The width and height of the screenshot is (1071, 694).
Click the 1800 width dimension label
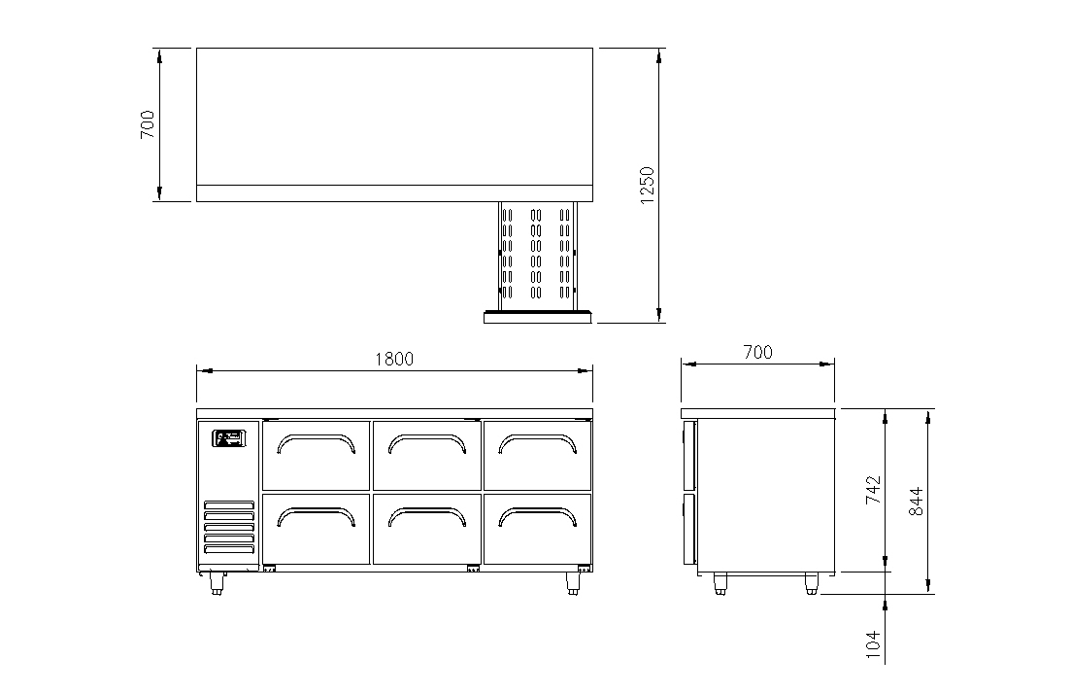(394, 359)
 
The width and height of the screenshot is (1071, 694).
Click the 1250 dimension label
(646, 185)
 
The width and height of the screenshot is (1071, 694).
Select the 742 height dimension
(874, 490)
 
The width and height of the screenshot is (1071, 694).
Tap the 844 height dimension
(917, 501)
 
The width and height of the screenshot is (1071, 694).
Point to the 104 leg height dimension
(874, 644)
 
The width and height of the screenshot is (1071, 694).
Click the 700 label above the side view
(757, 352)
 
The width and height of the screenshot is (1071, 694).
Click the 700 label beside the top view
(147, 124)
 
